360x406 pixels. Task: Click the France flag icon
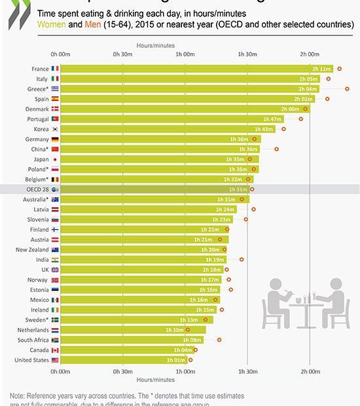(56, 68)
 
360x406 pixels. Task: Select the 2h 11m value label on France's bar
(321, 69)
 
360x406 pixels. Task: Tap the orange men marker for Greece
(348, 88)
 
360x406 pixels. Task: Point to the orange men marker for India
(242, 259)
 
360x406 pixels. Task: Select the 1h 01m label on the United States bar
(175, 360)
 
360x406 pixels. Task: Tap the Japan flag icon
(56, 159)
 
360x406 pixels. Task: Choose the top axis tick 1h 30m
(247, 54)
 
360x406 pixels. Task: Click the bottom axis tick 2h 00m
(310, 371)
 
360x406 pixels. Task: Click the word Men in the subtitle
(93, 24)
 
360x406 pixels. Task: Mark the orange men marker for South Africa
(219, 340)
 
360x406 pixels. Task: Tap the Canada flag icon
(56, 350)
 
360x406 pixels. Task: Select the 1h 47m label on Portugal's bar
(272, 119)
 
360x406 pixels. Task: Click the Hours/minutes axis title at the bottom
(155, 380)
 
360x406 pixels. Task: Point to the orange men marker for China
(276, 149)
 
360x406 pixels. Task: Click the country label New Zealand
(31, 249)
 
